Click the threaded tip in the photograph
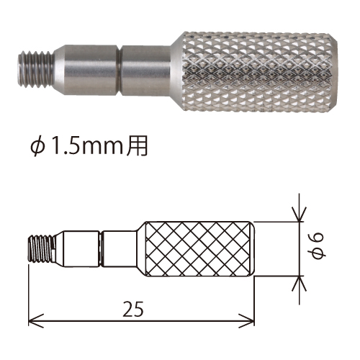[36, 70]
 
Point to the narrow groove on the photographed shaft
[120, 70]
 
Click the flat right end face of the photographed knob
[335, 71]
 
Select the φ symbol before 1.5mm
[38, 147]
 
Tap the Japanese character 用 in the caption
[137, 147]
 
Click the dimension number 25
[133, 309]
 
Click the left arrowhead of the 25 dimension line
[36, 320]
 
